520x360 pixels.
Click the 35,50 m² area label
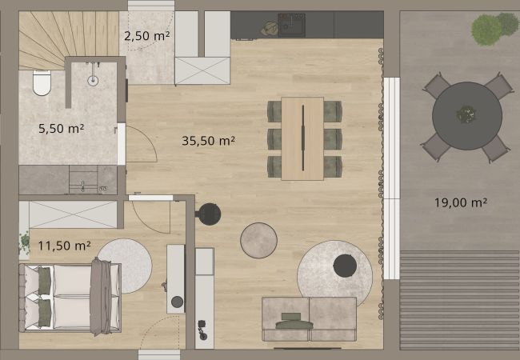coord(208,141)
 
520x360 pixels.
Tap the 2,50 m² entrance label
coord(147,35)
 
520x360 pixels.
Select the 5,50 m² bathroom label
coord(61,128)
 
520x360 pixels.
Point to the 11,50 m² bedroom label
coord(64,246)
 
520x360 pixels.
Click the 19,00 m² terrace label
coord(461,202)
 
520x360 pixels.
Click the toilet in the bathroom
coord(42,82)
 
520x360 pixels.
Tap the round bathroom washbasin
coord(93,80)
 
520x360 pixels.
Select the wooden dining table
coord(302,138)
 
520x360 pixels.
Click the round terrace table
coord(467,116)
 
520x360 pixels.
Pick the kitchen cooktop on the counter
coord(291,25)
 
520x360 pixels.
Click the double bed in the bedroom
coord(70,298)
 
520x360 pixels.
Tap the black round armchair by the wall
coord(208,214)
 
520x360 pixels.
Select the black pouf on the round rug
coord(345,266)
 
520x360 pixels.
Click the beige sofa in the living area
coord(309,319)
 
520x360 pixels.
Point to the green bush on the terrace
coord(494,28)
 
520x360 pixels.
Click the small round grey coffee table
coord(258,240)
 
